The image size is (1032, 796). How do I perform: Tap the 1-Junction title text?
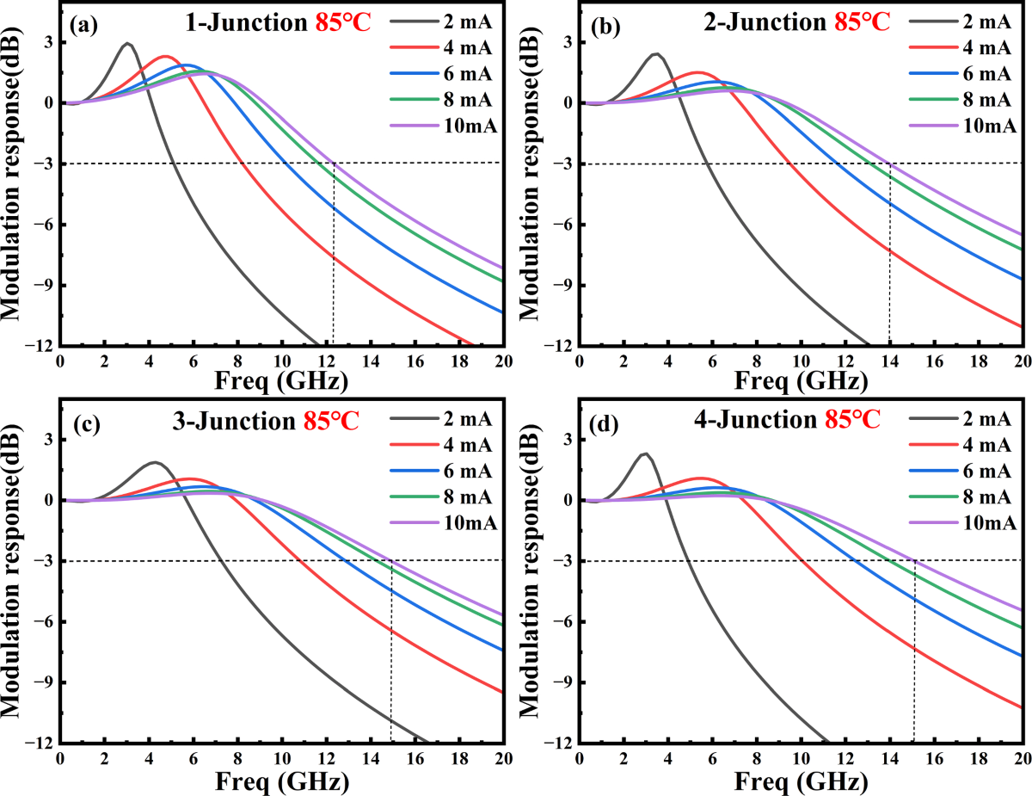pyautogui.click(x=237, y=23)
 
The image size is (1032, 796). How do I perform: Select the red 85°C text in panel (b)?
pyautogui.click(x=864, y=23)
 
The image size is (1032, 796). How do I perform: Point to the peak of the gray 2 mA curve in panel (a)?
pyautogui.click(x=127, y=43)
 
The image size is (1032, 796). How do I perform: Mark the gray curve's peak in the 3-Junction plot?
pyautogui.click(x=154, y=462)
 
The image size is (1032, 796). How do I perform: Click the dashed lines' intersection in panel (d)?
pyautogui.click(x=914, y=561)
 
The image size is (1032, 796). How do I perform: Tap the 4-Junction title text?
pyautogui.click(x=758, y=421)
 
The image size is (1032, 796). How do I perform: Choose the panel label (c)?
pyautogui.click(x=86, y=423)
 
